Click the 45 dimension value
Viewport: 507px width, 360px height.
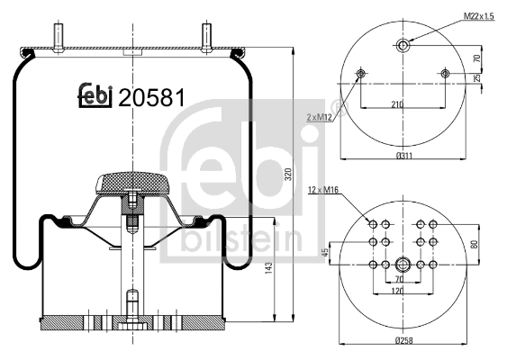(x=325, y=253)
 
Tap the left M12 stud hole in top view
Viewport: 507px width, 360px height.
(x=360, y=73)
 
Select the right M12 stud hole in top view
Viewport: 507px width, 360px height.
(x=445, y=73)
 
